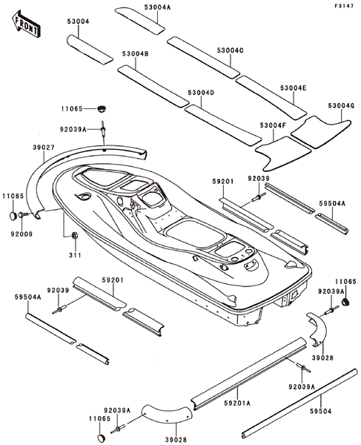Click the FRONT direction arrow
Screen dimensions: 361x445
pos(26,24)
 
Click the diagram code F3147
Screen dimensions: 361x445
pos(344,6)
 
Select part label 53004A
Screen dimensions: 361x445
pos(157,7)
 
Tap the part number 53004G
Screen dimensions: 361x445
pos(341,105)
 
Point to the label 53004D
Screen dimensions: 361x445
pos(201,93)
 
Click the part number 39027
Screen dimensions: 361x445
pos(44,148)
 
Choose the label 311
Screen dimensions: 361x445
pos(75,255)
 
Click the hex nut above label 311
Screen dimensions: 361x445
pos(75,235)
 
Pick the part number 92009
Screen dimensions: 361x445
pos(21,234)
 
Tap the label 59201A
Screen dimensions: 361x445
pos(237,403)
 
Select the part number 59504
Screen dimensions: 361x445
pos(320,411)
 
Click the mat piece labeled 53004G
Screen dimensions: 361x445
pos(321,132)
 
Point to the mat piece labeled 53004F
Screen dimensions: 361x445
pos(284,154)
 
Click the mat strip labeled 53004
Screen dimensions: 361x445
pos(90,50)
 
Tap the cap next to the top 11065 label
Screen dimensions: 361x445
pos(101,109)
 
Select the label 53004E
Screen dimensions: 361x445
pos(294,88)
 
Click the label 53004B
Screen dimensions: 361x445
pos(136,53)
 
